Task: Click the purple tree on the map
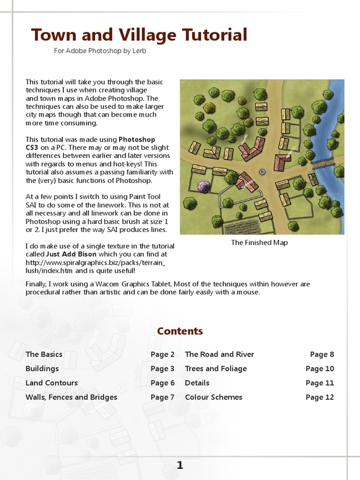click(203, 187)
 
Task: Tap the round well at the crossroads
click(262, 172)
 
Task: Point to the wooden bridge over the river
click(322, 165)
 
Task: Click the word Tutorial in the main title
click(210, 35)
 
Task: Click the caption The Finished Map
click(259, 242)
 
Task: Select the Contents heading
click(180, 331)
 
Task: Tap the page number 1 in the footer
click(180, 465)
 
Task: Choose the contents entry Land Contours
click(52, 383)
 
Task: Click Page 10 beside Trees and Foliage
click(320, 369)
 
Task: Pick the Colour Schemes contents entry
click(213, 397)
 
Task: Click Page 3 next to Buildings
click(162, 369)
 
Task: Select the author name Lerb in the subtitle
click(139, 51)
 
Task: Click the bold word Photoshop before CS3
click(137, 139)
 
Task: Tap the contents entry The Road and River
click(219, 354)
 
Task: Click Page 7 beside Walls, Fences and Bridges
click(162, 397)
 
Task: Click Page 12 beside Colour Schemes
click(320, 397)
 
